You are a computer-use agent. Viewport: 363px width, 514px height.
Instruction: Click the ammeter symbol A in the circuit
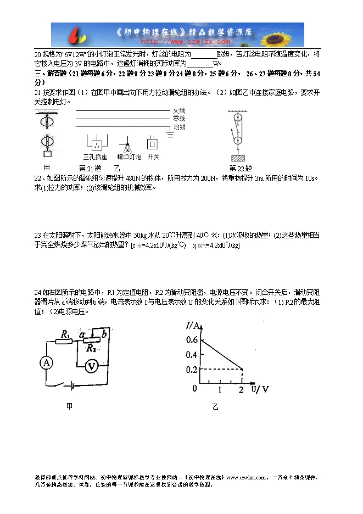[x=47, y=362]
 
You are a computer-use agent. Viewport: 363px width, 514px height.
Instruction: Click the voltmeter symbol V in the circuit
[x=93, y=365]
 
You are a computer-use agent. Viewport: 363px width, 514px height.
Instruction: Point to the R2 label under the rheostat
[x=91, y=348]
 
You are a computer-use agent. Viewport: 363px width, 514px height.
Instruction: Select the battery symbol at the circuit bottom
[x=70, y=385]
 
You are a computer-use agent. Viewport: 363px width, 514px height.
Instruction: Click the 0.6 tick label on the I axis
[x=191, y=340]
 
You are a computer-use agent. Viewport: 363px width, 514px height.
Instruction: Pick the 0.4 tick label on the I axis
[x=191, y=355]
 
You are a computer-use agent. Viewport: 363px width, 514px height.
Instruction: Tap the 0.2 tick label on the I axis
[x=191, y=369]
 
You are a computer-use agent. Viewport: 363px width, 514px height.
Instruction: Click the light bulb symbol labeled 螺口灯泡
[x=129, y=147]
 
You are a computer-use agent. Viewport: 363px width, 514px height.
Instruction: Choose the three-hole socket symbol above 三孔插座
[x=97, y=145]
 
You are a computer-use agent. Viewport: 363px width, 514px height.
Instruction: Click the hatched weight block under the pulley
[x=238, y=159]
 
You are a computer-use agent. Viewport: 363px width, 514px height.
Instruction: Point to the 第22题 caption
[x=240, y=168]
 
